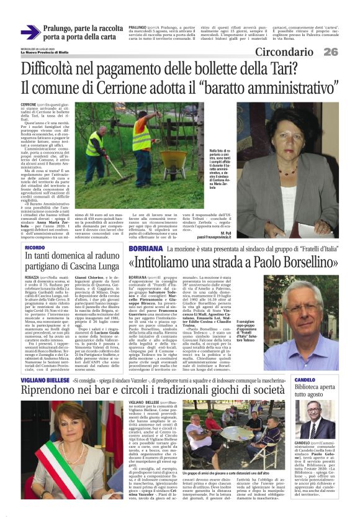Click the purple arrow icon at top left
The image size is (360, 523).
(x=29, y=32)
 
